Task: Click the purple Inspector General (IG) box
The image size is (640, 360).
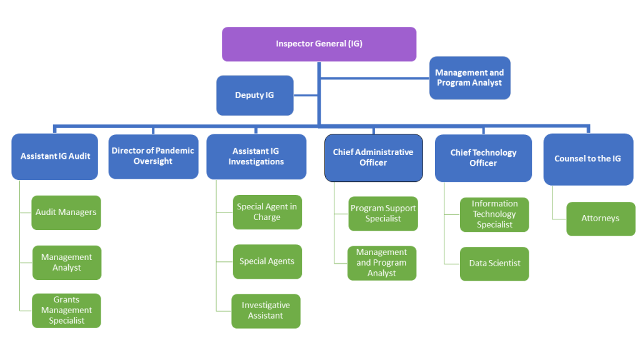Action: [x=319, y=44]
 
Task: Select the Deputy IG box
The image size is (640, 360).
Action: [x=254, y=96]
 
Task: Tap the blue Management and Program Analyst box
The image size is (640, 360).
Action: [x=469, y=78]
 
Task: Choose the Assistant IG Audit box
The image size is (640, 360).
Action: [x=55, y=156]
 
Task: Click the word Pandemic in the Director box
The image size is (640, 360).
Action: [x=174, y=151]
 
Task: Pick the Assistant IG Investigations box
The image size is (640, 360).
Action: [x=256, y=156]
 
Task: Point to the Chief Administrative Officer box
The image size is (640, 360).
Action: [x=373, y=157]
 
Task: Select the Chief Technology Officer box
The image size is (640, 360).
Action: [x=483, y=158]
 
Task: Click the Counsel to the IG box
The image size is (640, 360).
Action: [x=587, y=159]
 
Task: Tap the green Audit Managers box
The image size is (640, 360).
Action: [x=66, y=212]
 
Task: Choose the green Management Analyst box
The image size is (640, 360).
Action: [x=66, y=262]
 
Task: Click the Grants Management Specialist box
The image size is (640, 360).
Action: [x=66, y=311]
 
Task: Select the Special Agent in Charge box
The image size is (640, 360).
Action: [x=267, y=212]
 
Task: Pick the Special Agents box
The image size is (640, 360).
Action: [x=267, y=261]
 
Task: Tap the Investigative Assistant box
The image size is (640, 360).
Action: [x=266, y=311]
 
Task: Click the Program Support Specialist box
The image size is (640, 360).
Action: [x=382, y=214]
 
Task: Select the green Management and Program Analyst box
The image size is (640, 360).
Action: [x=382, y=263]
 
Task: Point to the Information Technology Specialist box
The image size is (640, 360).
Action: [x=494, y=214]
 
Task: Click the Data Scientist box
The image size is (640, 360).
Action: [x=494, y=264]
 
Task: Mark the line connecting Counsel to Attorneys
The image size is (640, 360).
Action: [x=553, y=203]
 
